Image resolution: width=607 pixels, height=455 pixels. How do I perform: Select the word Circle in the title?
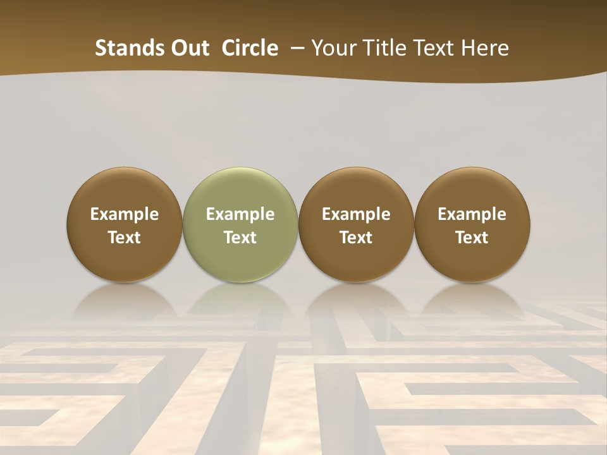(250, 48)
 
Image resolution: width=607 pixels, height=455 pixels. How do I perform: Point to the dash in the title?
(295, 49)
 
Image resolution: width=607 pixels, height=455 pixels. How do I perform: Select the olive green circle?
(240, 224)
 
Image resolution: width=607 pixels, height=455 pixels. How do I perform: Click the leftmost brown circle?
(125, 224)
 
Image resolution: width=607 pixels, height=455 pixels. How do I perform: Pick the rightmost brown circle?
(472, 224)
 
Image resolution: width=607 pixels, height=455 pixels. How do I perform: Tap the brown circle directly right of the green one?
(356, 224)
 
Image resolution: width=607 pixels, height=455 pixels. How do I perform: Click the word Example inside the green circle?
(240, 214)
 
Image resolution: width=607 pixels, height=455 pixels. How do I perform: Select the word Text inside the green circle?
(240, 238)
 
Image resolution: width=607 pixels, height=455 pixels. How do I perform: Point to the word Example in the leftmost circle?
(125, 214)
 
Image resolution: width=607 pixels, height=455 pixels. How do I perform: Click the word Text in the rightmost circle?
(472, 238)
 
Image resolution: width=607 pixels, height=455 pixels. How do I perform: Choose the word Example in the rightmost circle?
(472, 214)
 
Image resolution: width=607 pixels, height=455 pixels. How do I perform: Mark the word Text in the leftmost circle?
(125, 238)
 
